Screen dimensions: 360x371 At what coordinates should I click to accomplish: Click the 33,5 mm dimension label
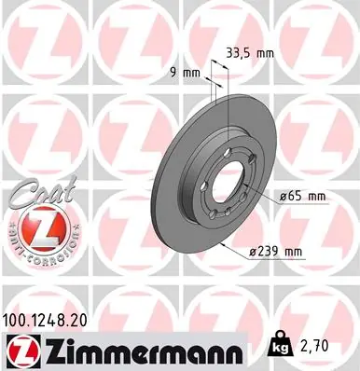[x=250, y=53]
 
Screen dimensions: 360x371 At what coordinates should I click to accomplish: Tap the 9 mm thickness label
[x=185, y=73]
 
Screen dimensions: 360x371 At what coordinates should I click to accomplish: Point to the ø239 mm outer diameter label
[x=275, y=252]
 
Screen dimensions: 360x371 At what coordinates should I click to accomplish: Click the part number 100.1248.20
[x=45, y=321]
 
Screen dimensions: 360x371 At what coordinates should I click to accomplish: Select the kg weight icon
[x=280, y=344]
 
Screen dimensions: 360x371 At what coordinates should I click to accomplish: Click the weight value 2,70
[x=312, y=346]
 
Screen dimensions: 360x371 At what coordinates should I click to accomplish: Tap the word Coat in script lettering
[x=42, y=192]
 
